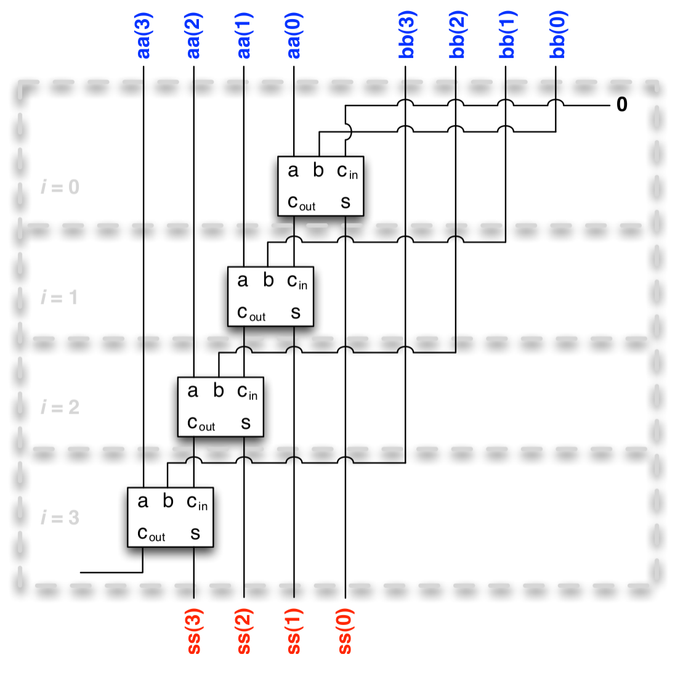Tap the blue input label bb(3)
coord(406,35)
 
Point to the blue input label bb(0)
coord(557,35)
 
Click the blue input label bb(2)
coord(456,35)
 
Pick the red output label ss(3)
coord(194,631)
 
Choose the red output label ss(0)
coord(345,631)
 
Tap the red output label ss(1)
coord(294,631)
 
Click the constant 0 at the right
coord(622,105)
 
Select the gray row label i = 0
coord(60,187)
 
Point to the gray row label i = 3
coord(60,518)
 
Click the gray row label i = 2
coord(60,407)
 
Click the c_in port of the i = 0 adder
coord(347,171)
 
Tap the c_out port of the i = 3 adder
coord(151,533)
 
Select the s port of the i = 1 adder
coord(296,312)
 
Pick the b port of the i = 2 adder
coord(219,390)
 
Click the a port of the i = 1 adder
coord(243,280)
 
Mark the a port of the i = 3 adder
coord(143,501)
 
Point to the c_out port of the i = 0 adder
coord(301,202)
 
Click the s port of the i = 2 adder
coord(246,423)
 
